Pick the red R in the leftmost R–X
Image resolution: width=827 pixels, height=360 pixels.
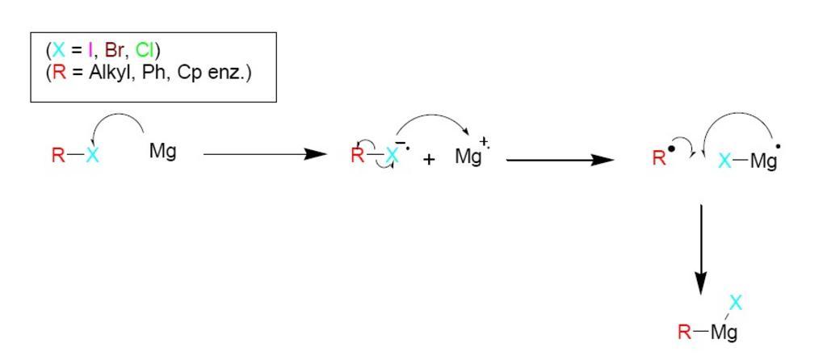pyautogui.click(x=58, y=156)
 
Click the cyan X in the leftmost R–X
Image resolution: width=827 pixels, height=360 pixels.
pyautogui.click(x=92, y=156)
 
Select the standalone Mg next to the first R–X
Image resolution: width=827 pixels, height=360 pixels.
pyautogui.click(x=162, y=151)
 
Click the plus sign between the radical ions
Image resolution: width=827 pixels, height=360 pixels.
pyautogui.click(x=429, y=160)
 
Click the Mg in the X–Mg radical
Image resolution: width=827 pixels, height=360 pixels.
pyautogui.click(x=762, y=161)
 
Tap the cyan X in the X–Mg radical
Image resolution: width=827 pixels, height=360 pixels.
pyautogui.click(x=724, y=161)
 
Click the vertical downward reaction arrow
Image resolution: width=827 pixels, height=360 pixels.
pyautogui.click(x=701, y=249)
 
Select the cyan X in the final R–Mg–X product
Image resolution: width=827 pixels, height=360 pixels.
pyautogui.click(x=736, y=303)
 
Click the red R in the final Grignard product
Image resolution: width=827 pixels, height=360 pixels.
pyautogui.click(x=685, y=331)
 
